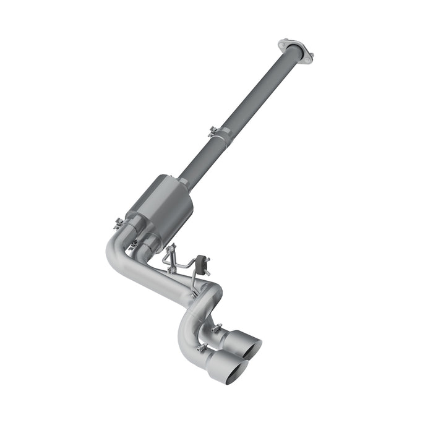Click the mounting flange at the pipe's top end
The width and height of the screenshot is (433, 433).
295,49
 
